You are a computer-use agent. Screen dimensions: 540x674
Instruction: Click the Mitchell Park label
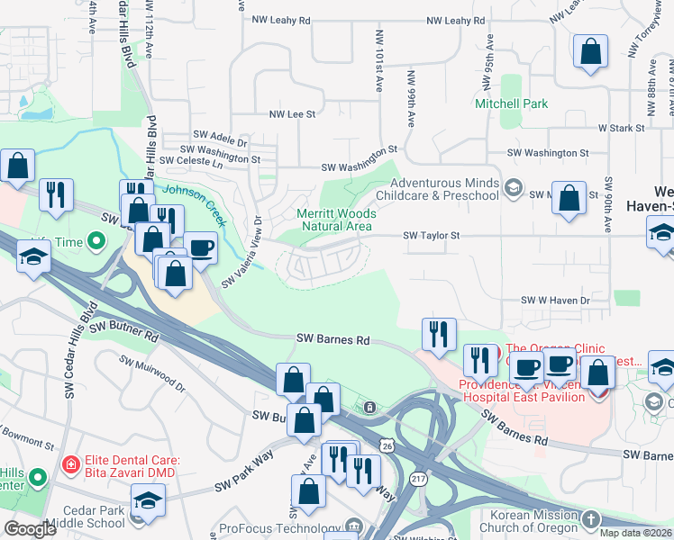[511, 103]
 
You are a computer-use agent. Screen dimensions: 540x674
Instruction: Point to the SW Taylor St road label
[432, 235]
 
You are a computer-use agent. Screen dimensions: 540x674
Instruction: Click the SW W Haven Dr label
[555, 300]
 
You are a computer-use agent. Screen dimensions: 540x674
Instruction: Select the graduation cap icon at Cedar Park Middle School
[148, 499]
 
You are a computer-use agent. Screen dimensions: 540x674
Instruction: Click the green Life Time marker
[95, 241]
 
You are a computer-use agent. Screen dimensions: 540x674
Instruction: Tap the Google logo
[31, 529]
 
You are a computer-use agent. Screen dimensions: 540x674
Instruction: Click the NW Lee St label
[292, 114]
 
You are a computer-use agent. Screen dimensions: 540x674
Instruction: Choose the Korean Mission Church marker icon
[590, 519]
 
